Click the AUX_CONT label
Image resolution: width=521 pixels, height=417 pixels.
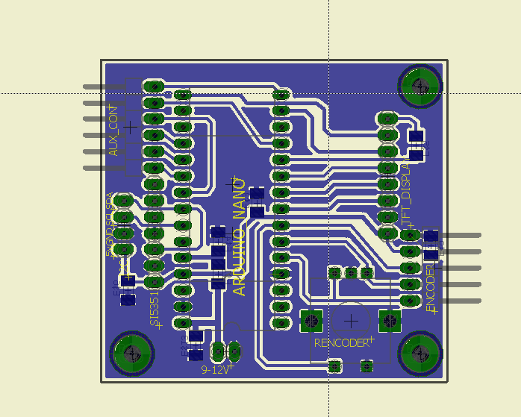pyautogui.click(x=113, y=131)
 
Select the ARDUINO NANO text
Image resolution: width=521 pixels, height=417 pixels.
pyautogui.click(x=240, y=237)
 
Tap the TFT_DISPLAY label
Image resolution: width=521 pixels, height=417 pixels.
pyautogui.click(x=408, y=191)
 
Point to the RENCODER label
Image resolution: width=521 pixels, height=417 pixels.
pyautogui.click(x=341, y=343)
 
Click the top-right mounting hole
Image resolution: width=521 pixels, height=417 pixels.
pyautogui.click(x=419, y=87)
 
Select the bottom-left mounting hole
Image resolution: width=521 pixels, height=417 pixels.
pyautogui.click(x=132, y=354)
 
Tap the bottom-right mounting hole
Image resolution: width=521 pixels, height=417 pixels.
pyautogui.click(x=419, y=354)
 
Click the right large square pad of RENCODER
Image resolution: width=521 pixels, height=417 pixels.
pyautogui.click(x=390, y=321)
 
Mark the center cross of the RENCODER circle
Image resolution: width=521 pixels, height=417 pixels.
pyautogui.click(x=350, y=320)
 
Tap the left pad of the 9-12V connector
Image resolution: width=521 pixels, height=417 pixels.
pyautogui.click(x=218, y=349)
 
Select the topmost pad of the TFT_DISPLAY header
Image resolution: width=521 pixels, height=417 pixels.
pyautogui.click(x=387, y=119)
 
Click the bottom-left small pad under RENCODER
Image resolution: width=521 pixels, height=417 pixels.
pyautogui.click(x=334, y=366)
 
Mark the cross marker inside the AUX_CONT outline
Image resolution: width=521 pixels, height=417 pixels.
pyautogui.click(x=131, y=128)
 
